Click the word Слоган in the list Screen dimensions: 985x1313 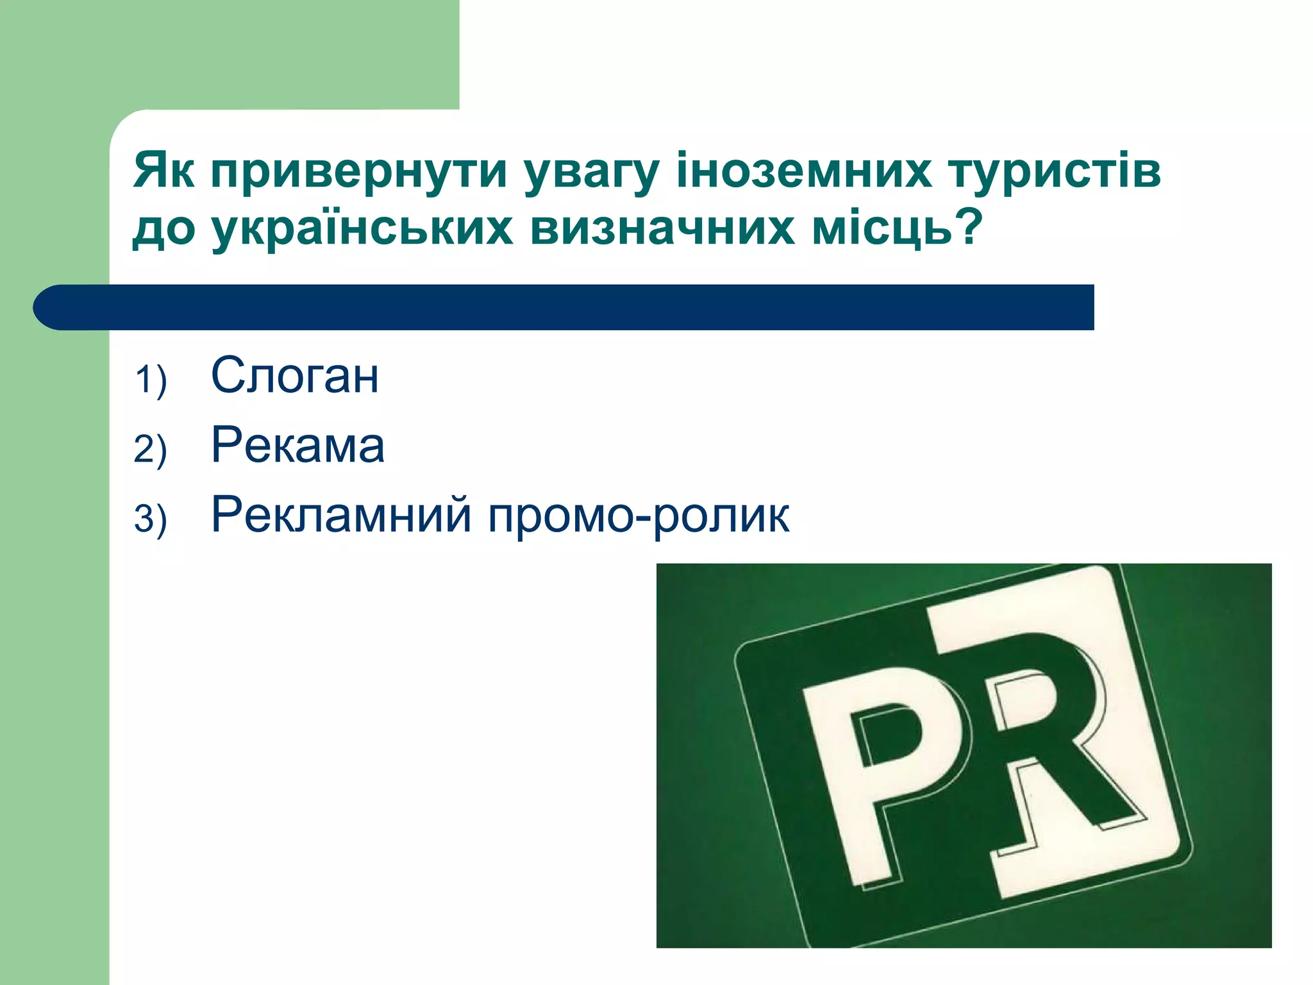[295, 376]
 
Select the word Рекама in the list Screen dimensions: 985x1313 [298, 446]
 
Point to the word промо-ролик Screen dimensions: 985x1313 [639, 515]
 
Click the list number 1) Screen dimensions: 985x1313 [151, 380]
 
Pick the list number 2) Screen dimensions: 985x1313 [151, 449]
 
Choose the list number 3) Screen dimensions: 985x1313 [151, 519]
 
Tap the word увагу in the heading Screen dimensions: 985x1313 [591, 172]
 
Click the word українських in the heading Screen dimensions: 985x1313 [362, 229]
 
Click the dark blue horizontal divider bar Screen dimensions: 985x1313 [564, 307]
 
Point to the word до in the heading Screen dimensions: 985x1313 [164, 230]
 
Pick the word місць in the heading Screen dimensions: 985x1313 [882, 229]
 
